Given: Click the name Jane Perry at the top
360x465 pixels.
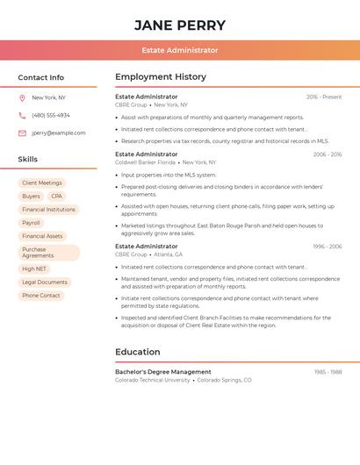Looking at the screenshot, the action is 180,25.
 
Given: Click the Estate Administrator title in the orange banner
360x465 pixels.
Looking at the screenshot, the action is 180,50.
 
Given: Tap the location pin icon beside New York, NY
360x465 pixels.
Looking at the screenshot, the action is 22,97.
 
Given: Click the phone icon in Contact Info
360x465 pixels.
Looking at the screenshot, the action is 22,115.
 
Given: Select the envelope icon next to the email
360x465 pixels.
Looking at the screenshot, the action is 22,133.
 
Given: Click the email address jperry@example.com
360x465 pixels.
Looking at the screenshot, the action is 59,133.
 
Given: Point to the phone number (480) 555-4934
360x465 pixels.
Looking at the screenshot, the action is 51,115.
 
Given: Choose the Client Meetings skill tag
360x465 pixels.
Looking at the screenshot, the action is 42,183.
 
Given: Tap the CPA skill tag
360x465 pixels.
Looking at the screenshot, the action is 56,197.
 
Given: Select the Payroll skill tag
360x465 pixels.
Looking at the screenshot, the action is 32,223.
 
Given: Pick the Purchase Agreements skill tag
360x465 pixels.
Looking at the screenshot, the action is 48,253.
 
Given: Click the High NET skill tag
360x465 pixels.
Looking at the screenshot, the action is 34,269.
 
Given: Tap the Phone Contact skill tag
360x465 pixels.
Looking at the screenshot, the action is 41,296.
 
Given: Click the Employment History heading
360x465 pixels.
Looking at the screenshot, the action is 161,77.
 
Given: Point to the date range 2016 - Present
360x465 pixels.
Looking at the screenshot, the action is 324,97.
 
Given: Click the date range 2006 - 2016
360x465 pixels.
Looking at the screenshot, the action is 327,154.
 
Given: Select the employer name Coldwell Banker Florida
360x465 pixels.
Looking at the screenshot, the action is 145,162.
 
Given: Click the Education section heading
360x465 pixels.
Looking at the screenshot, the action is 138,352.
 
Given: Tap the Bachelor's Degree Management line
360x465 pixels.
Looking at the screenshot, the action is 163,372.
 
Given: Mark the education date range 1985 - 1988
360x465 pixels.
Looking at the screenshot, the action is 328,372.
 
